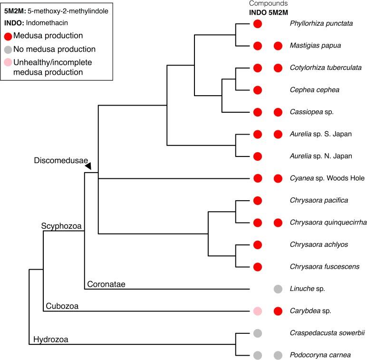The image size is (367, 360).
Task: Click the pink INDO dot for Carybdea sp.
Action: pyautogui.click(x=257, y=311)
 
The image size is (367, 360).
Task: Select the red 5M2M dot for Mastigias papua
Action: pyautogui.click(x=278, y=46)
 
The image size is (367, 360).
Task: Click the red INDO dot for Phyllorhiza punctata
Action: pyautogui.click(x=257, y=24)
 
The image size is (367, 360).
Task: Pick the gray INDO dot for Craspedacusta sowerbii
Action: pyautogui.click(x=257, y=333)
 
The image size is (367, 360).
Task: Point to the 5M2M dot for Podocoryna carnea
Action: pyautogui.click(x=278, y=355)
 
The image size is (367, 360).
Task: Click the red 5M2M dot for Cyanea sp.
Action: pyautogui.click(x=278, y=179)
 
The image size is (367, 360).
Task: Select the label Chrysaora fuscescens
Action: pyautogui.click(x=325, y=266)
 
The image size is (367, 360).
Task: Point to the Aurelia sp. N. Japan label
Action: pyautogui.click(x=320, y=156)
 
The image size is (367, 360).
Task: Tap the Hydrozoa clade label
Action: pyautogui.click(x=51, y=339)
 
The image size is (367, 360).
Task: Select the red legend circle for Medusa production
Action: pyautogui.click(x=8, y=36)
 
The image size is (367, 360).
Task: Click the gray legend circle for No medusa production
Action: pyautogui.click(x=8, y=49)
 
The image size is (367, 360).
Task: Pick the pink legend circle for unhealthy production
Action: pyautogui.click(x=8, y=63)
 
